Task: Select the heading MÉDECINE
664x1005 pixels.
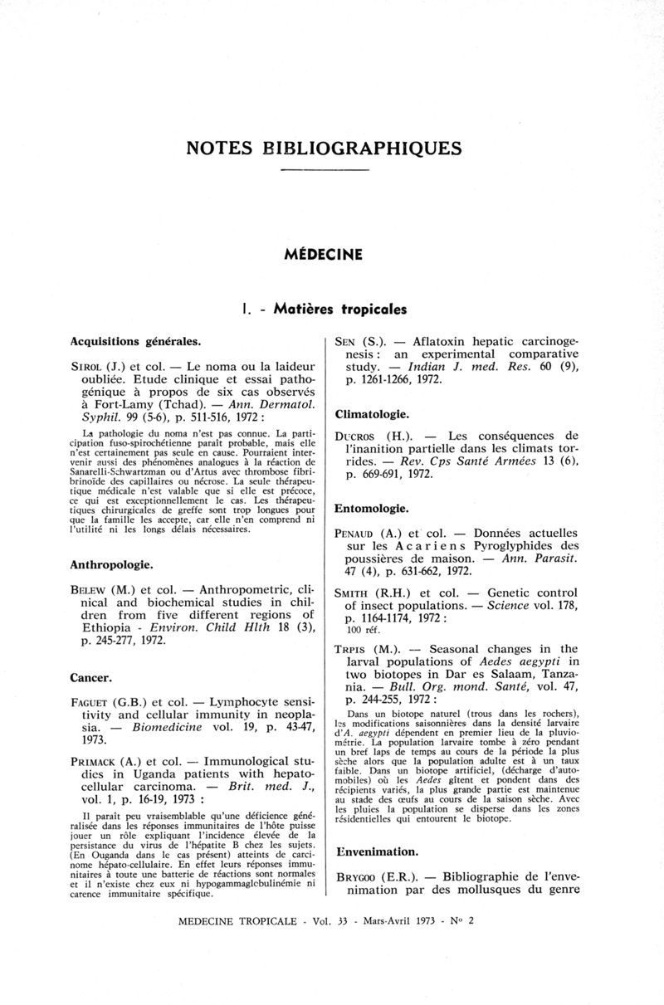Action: [x=325, y=254]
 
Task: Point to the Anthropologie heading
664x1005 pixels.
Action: [x=111, y=564]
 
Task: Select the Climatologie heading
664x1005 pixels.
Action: [x=371, y=413]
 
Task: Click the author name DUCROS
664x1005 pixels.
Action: [x=356, y=437]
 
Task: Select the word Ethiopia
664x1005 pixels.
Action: [x=104, y=637]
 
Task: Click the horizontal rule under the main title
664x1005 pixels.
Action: [x=325, y=170]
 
